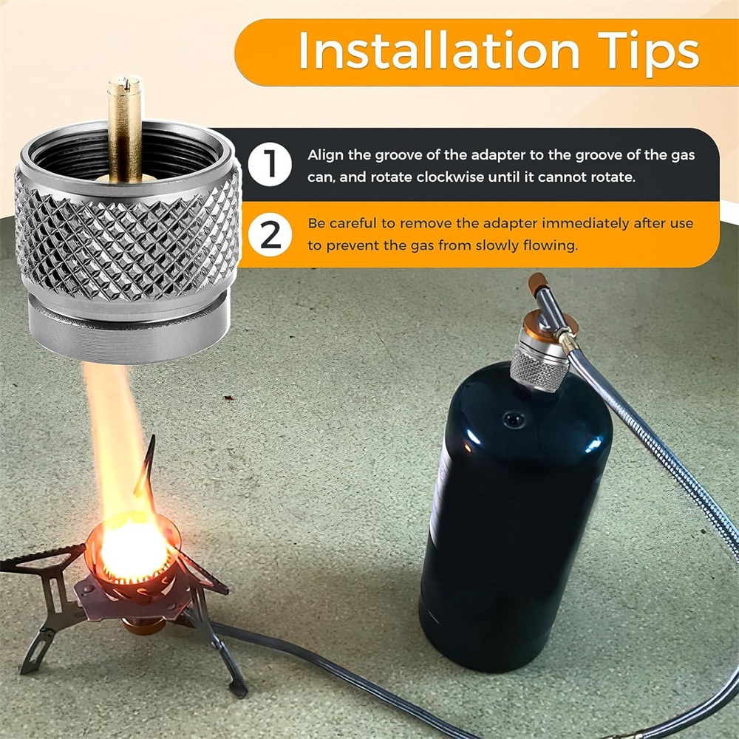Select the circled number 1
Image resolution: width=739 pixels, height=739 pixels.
270,164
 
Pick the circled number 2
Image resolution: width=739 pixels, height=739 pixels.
270,234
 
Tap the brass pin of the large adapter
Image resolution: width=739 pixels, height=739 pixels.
125,128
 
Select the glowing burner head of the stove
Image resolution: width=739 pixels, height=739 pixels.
133,551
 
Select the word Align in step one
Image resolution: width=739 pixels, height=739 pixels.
325,156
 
